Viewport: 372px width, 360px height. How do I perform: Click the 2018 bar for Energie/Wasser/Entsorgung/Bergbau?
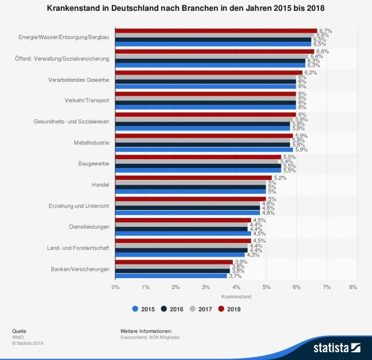coord(216,30)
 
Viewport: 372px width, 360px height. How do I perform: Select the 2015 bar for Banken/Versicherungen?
coord(171,276)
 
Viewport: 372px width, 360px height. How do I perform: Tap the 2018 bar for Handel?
coord(193,178)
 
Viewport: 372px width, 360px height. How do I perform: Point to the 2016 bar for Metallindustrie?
coord(203,145)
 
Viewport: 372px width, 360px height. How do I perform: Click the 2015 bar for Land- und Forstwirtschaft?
coord(180,255)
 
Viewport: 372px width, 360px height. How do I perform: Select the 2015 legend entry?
coord(144,309)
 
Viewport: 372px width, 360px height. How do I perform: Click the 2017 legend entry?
coord(201,309)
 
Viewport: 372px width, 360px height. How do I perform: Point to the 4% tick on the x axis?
coord(236,287)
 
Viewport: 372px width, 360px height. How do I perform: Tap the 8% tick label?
coord(353,287)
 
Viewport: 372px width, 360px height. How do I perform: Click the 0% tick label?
coord(116,287)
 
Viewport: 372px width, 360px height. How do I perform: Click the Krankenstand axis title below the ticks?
coord(236,297)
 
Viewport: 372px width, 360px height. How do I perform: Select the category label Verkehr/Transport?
coord(87,100)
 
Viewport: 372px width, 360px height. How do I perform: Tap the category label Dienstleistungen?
coord(89,227)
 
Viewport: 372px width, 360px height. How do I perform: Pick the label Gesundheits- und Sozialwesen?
coord(71,121)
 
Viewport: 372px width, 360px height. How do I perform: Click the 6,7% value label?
coord(325,30)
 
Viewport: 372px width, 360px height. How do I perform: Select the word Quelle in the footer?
coord(19,331)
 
